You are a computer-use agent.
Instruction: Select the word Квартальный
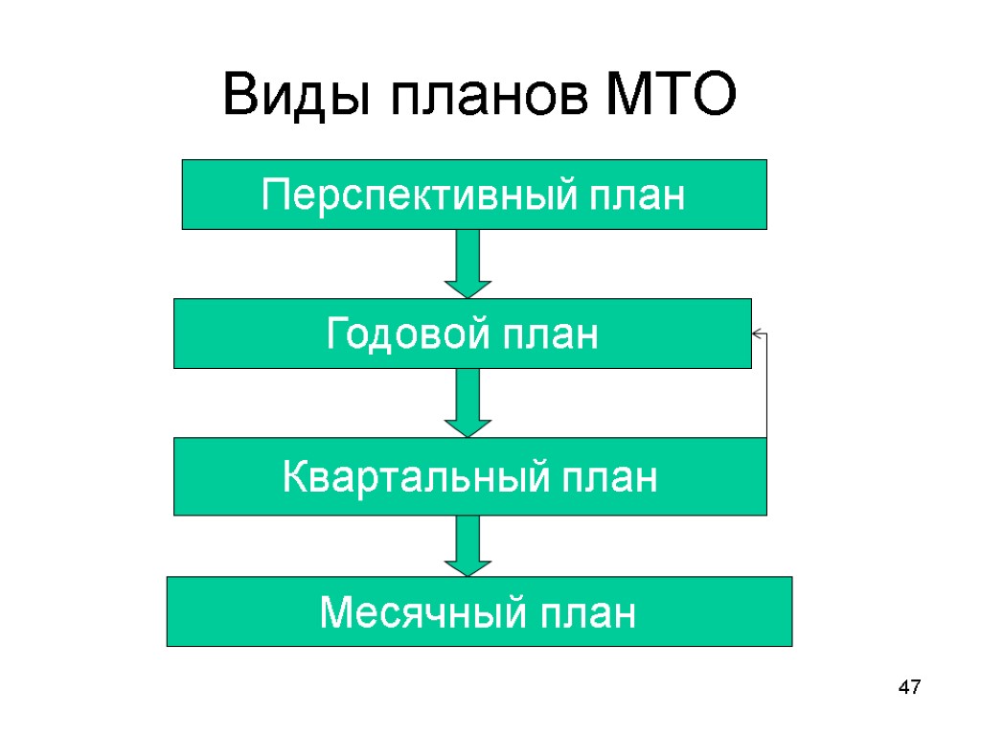coord(401,477)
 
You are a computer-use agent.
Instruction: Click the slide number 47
coord(908,687)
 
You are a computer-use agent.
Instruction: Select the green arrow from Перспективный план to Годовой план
coord(468,263)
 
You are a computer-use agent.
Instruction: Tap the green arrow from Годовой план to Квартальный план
coord(468,402)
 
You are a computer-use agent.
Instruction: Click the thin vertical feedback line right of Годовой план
coord(766,388)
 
